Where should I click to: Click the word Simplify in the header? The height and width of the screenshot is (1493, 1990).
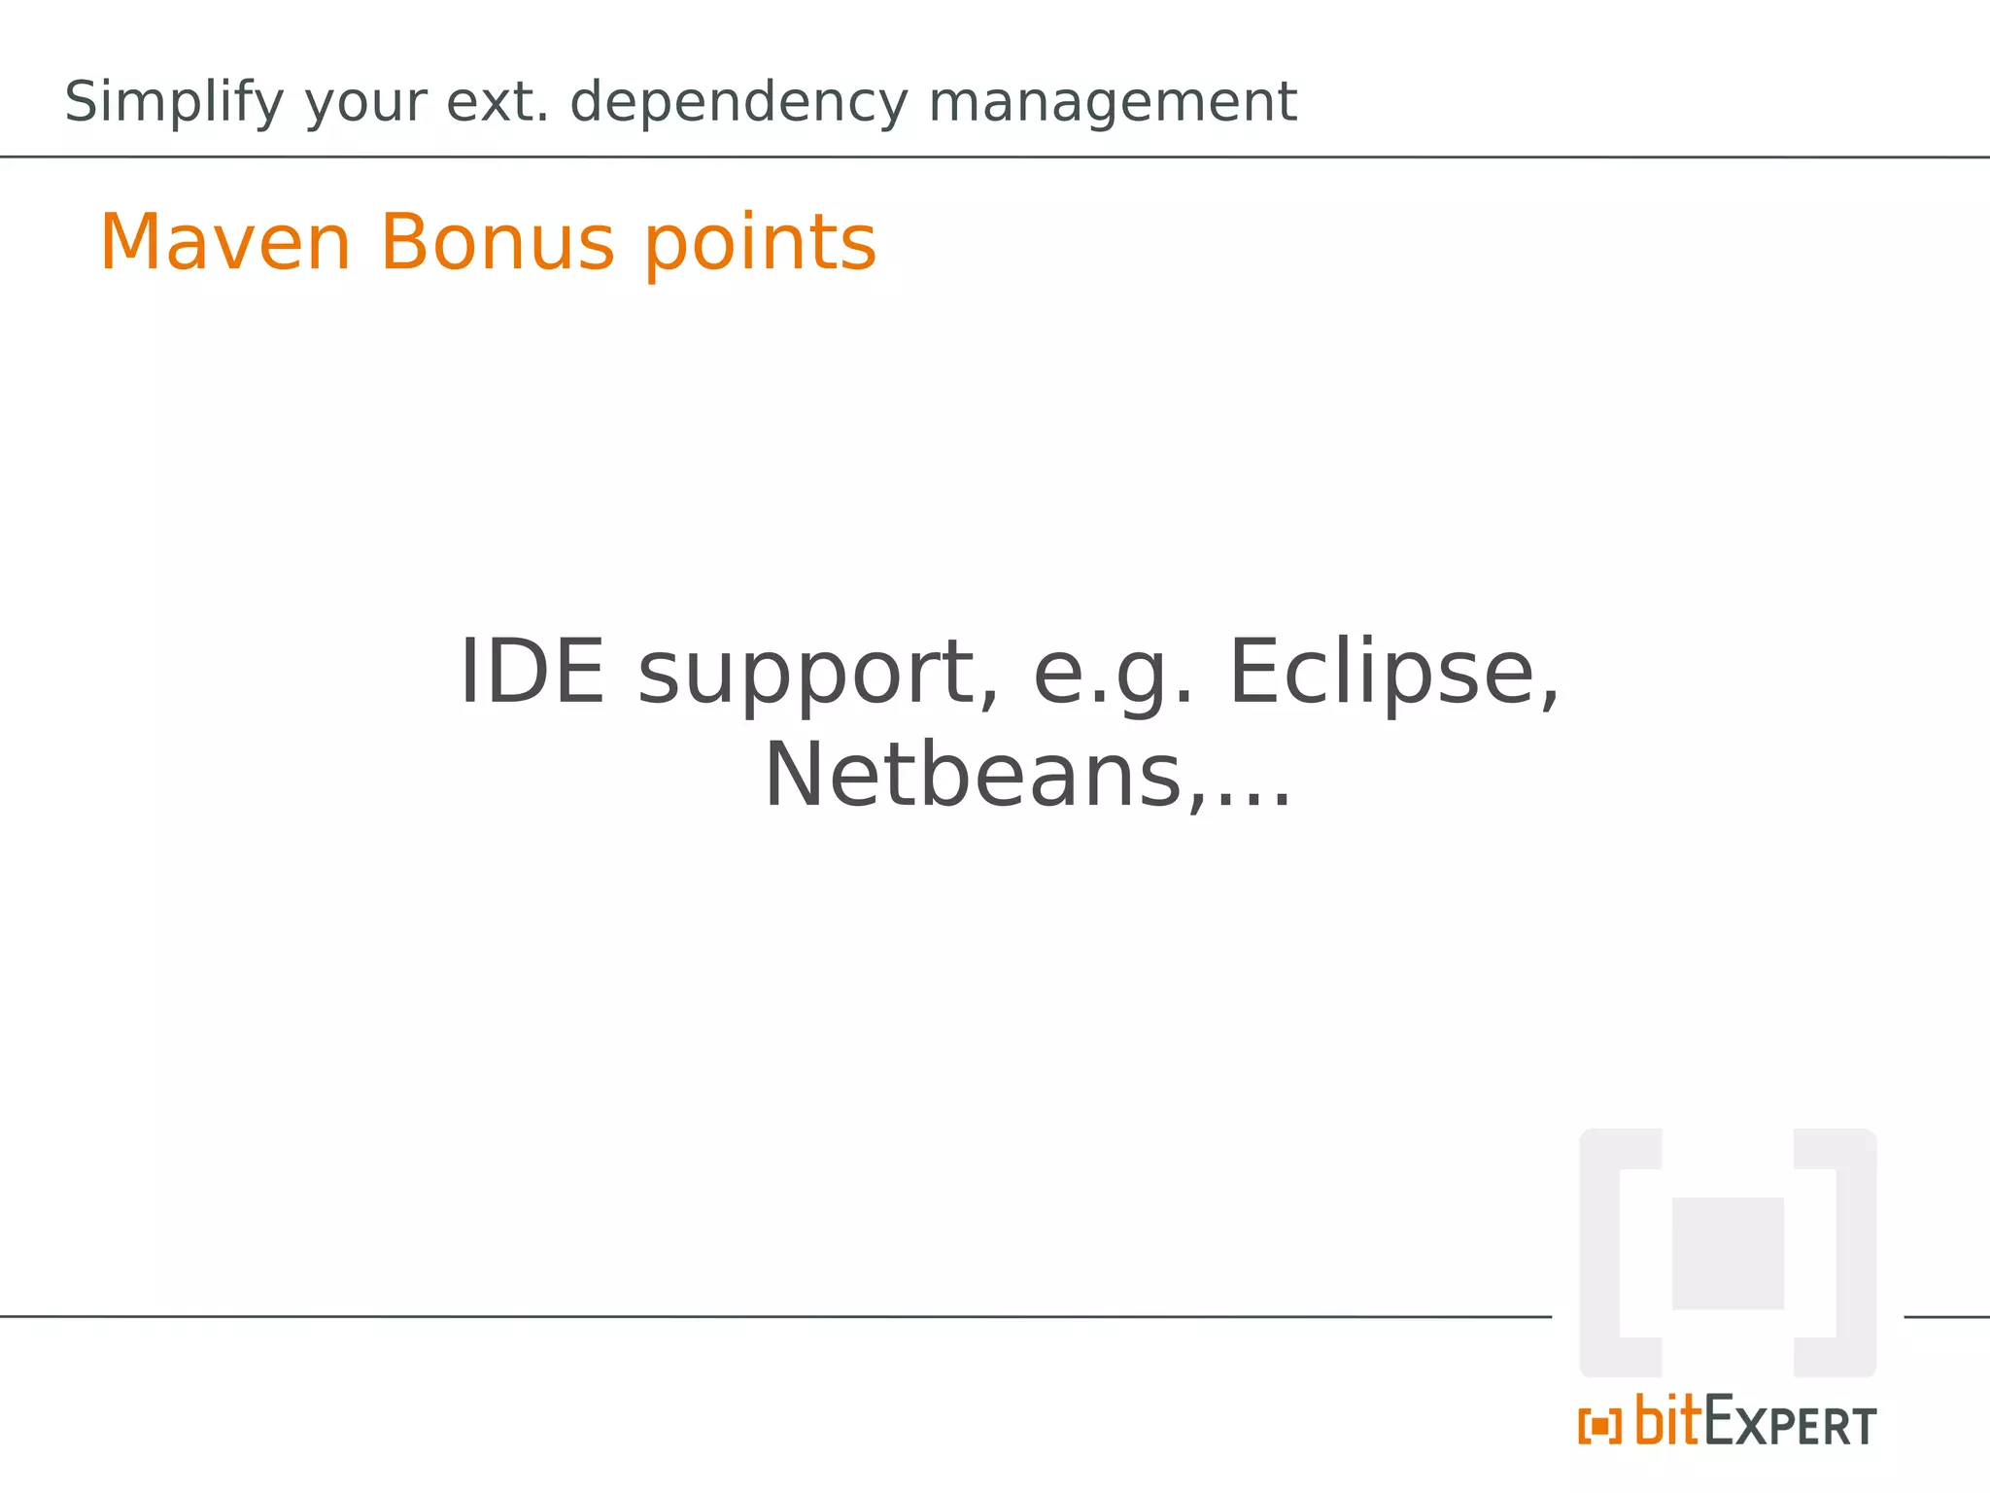click(174, 103)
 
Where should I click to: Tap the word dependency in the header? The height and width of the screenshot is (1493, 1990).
click(738, 103)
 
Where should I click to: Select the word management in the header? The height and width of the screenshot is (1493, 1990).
click(1113, 101)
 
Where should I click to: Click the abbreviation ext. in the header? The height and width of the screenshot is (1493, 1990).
click(497, 101)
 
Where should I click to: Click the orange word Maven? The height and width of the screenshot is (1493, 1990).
click(225, 242)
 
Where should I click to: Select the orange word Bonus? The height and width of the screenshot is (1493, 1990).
click(497, 242)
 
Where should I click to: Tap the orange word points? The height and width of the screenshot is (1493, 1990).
click(761, 244)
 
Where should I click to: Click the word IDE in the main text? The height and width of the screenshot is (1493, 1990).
click(531, 672)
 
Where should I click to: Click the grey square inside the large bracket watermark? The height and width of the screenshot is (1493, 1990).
click(1728, 1253)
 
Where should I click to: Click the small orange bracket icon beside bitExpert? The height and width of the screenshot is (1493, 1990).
click(1599, 1427)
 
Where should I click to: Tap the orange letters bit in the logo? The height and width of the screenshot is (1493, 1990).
click(1667, 1420)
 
